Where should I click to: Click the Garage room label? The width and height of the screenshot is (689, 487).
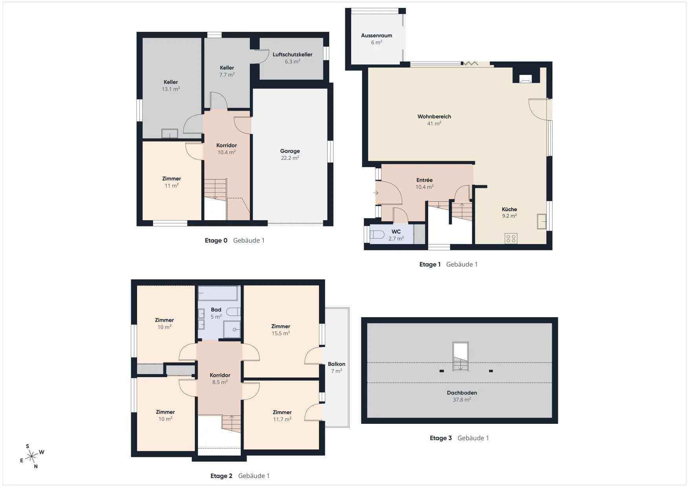click(x=290, y=151)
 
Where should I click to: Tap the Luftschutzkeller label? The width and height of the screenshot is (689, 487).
click(x=293, y=55)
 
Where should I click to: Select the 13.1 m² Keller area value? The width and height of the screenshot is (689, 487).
click(x=171, y=89)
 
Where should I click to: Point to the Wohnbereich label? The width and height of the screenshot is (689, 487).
click(x=434, y=117)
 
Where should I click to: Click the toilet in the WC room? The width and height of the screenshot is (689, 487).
click(x=377, y=234)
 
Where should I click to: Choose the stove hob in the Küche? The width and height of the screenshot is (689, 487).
click(x=511, y=238)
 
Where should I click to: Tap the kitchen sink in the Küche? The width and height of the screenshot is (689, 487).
click(x=542, y=221)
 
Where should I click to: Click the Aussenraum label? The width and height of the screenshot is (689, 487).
click(x=376, y=35)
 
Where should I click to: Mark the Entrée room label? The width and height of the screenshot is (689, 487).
click(x=424, y=180)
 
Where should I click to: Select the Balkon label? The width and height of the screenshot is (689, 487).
click(x=337, y=364)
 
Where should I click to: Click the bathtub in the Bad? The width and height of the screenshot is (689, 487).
click(x=218, y=293)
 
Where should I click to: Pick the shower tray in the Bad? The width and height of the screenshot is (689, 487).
click(x=232, y=329)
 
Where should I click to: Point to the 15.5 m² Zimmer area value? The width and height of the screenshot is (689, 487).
click(x=281, y=334)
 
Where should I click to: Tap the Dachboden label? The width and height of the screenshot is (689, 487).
click(x=462, y=393)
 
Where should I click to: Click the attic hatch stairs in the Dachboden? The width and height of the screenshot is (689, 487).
click(x=460, y=356)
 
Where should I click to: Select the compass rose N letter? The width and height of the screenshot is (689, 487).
click(x=36, y=466)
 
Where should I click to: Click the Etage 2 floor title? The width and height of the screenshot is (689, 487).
click(x=221, y=476)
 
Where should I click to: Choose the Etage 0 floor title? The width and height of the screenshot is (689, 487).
click(x=216, y=241)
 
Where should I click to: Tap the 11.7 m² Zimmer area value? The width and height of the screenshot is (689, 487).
click(x=282, y=420)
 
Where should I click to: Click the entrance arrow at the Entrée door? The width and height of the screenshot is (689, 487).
click(x=376, y=193)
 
